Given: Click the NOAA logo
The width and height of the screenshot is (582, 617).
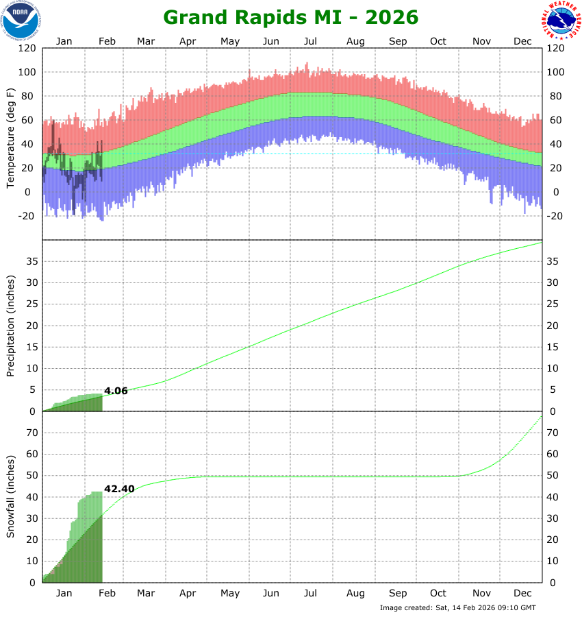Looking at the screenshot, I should [21, 20].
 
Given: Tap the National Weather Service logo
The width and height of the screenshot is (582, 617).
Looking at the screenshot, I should [562, 20].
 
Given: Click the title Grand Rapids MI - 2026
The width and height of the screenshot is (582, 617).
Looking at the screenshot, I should [291, 17].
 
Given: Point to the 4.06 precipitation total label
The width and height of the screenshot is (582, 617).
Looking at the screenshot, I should [116, 391].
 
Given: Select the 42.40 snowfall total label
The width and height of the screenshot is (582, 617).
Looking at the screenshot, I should [119, 489].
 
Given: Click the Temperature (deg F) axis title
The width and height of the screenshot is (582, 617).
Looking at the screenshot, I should [11, 138].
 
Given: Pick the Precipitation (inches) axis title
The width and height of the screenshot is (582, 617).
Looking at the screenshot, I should [11, 326].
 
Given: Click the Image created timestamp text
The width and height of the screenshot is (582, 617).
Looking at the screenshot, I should [457, 608].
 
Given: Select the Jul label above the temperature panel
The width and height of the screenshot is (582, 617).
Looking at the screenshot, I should [310, 41].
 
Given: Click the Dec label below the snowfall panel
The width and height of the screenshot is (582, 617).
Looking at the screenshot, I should [522, 593].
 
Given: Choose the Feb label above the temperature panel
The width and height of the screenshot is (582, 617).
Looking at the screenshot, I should [107, 41].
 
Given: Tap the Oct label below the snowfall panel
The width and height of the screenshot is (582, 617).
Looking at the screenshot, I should [438, 593].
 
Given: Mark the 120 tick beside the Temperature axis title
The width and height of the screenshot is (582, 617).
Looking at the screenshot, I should [28, 49].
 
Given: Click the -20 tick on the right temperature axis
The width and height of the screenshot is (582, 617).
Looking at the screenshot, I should [555, 216].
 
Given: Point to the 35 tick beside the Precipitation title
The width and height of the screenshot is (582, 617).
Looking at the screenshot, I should [31, 261].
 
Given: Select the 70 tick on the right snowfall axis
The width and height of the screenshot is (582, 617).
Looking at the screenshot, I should [553, 433].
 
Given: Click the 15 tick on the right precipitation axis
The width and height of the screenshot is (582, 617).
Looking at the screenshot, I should [553, 347].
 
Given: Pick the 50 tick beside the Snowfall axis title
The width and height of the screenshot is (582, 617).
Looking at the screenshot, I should [31, 475].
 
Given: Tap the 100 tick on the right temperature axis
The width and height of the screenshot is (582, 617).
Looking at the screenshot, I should [555, 73].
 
